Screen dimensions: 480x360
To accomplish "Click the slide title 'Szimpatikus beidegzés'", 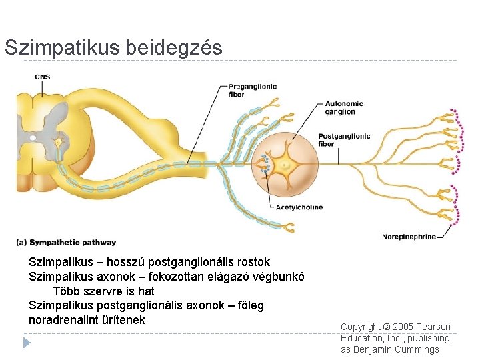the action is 113,48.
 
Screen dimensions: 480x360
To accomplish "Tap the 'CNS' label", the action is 42,77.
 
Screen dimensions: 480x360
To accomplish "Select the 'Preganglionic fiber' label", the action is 253,90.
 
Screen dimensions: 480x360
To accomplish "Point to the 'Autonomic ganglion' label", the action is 344,107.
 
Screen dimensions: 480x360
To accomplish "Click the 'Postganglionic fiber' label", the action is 344,140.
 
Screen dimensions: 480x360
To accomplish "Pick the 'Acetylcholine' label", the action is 299,207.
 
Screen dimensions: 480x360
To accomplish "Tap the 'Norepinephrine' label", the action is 409,237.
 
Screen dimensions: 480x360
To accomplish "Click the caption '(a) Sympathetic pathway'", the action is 67,243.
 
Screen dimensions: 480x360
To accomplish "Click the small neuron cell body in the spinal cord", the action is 59,141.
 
